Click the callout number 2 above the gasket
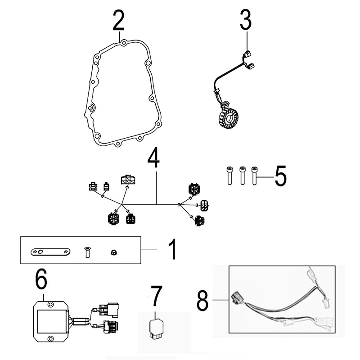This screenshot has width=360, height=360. pos(118,20)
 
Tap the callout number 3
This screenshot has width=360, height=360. pos(246,20)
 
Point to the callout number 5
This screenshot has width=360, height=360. pos(280,176)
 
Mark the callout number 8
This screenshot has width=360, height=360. pos(203,299)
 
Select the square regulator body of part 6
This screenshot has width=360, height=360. pos(50,320)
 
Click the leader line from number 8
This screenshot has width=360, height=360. pos(220,299)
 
